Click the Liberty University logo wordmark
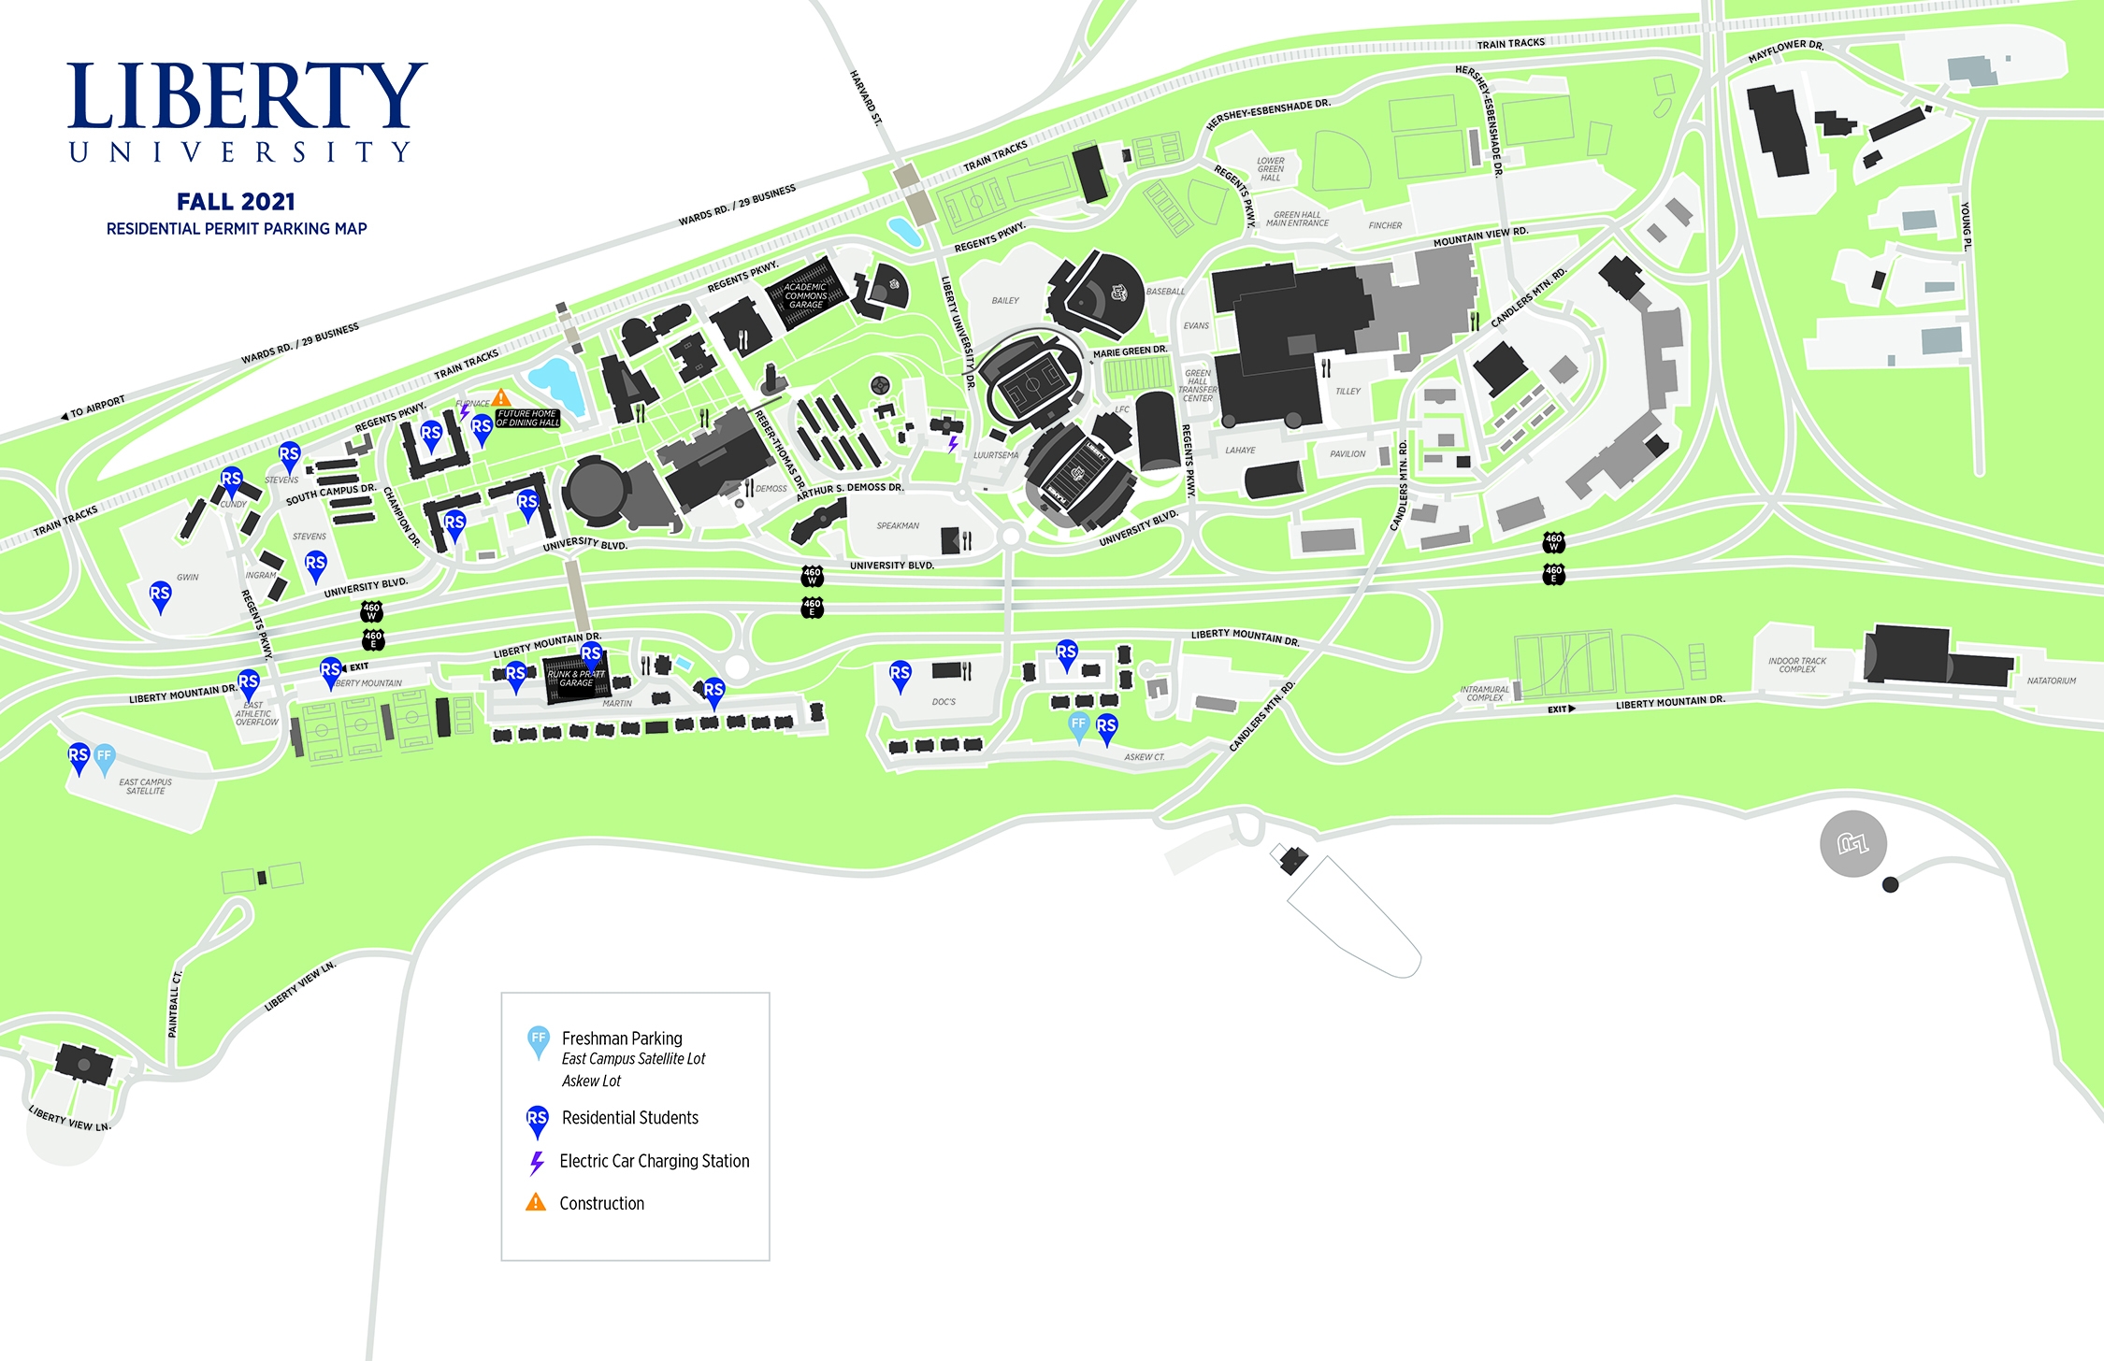[x=245, y=110]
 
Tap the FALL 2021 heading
[x=236, y=202]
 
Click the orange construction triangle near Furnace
[x=501, y=397]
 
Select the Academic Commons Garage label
[x=805, y=296]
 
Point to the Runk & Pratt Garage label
[x=576, y=679]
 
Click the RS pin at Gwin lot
[x=160, y=595]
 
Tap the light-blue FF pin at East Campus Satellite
[x=104, y=757]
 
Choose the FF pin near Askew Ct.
[x=1078, y=725]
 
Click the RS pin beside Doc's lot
[x=900, y=675]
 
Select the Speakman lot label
[x=898, y=526]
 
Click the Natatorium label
[x=2051, y=681]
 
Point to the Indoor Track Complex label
[x=1796, y=666]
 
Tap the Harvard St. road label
[x=866, y=97]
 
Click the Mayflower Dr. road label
[x=1786, y=51]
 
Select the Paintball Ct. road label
[x=174, y=1004]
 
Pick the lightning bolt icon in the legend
[x=537, y=1162]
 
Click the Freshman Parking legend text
[x=622, y=1039]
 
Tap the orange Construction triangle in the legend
[x=536, y=1203]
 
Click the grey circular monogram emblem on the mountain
[x=1852, y=844]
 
